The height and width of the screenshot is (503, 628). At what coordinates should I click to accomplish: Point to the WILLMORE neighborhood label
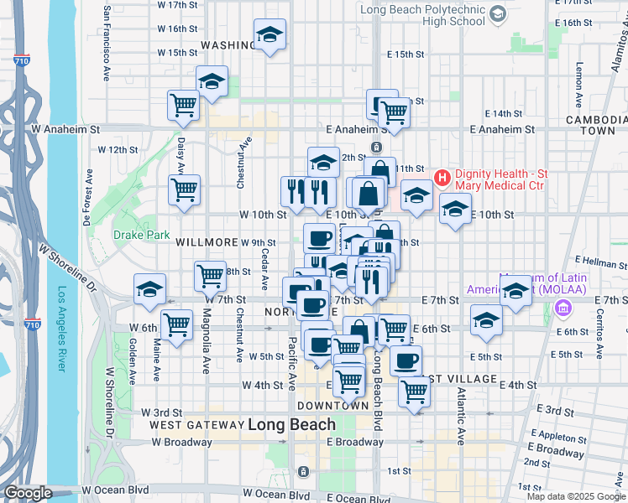(207, 242)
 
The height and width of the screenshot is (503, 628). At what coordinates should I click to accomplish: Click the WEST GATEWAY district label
(196, 425)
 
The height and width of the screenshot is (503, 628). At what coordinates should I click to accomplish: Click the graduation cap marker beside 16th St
(270, 35)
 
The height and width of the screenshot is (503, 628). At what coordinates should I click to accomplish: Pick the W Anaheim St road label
(65, 130)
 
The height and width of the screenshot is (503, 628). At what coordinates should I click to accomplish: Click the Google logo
(28, 493)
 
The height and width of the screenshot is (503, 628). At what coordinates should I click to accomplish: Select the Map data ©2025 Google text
(576, 496)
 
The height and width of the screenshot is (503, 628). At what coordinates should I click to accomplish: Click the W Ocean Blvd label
(115, 490)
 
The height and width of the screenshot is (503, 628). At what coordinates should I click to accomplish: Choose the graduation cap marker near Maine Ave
(149, 289)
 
